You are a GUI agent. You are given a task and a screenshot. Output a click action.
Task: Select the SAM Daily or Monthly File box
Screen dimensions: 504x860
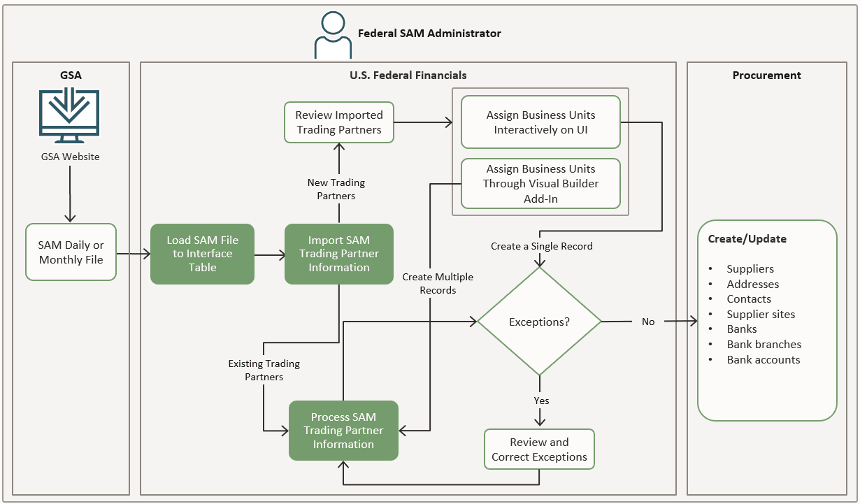pos(71,252)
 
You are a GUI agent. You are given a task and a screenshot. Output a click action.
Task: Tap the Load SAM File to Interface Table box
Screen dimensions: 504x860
pos(202,254)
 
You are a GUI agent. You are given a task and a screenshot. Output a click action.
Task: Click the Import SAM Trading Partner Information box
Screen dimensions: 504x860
pos(339,254)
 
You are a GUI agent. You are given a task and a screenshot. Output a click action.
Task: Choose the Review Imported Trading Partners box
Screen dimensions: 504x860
pos(339,122)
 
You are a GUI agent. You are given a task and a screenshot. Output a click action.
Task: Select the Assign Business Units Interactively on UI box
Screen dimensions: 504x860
pos(540,122)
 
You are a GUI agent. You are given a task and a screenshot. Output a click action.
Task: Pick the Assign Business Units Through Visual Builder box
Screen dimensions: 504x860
pos(540,184)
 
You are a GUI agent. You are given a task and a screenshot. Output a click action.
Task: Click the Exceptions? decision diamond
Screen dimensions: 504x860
pos(539,322)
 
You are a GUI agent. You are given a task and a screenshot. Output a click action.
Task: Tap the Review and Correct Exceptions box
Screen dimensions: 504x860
pos(539,449)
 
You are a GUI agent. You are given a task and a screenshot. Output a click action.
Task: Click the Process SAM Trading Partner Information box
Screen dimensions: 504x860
pos(343,431)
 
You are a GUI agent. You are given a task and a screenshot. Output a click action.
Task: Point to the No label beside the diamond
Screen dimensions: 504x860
pos(648,322)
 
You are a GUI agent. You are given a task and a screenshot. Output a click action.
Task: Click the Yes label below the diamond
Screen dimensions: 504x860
pos(541,401)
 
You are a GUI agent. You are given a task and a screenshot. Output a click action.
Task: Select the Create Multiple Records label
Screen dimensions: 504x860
pos(438,283)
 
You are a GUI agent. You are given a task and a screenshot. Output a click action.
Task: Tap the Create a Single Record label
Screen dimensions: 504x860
pos(541,246)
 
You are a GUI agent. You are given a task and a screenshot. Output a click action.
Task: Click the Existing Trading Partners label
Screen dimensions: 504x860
pos(264,370)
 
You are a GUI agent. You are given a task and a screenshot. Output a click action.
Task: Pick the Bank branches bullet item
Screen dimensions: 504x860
pos(764,345)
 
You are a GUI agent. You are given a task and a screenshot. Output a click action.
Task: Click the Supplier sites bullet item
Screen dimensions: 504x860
pos(761,315)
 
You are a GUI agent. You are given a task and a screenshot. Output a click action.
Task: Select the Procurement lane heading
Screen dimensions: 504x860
pos(766,75)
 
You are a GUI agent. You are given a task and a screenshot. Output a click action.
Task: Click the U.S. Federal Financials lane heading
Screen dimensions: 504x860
pos(408,75)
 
